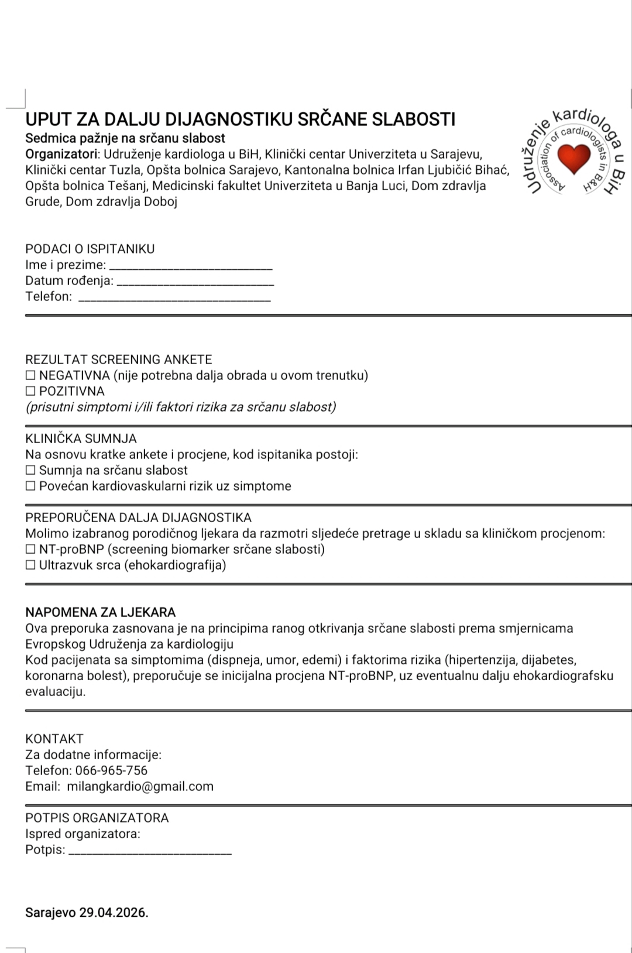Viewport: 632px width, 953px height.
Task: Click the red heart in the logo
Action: coord(574,158)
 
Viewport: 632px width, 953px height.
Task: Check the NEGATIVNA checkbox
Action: coord(30,376)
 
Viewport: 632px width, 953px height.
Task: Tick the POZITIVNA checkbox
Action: coord(30,392)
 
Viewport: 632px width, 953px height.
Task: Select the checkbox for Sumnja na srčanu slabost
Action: coord(30,471)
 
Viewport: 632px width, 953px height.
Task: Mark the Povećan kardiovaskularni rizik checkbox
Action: coord(30,486)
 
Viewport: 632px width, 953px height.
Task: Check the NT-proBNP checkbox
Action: coord(30,550)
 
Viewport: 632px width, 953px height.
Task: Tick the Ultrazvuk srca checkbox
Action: coord(30,565)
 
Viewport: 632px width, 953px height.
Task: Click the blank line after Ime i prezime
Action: coord(191,267)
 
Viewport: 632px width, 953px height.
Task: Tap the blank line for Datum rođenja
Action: coord(195,283)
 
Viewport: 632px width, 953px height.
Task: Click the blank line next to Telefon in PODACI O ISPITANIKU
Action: coord(174,299)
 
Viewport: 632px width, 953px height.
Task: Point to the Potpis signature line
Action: coord(150,852)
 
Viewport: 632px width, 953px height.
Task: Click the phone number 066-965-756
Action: coord(111,771)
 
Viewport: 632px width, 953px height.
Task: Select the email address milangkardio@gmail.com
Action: coord(140,787)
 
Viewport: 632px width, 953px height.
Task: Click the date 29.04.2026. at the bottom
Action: coord(114,913)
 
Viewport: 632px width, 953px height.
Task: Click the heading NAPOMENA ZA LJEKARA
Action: coord(101,613)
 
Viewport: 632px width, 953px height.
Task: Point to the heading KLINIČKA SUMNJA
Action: coord(81,439)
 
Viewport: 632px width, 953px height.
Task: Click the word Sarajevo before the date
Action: coord(50,913)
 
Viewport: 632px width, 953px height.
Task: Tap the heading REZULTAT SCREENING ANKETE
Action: coord(119,360)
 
